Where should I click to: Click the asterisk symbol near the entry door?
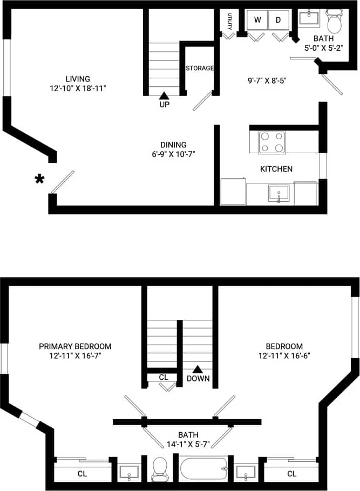point(39,179)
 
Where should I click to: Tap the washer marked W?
point(257,20)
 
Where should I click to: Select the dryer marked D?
point(279,20)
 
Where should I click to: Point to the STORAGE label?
point(200,68)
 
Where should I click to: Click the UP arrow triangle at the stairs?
point(164,96)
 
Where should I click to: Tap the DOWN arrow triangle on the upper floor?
point(198,370)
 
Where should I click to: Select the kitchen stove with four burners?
point(273,142)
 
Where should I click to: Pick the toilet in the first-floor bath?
point(335,22)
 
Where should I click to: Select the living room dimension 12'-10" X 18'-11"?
point(75,88)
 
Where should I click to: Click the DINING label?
point(173,145)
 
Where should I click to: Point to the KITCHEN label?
point(276,169)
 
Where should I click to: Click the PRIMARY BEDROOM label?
point(75,346)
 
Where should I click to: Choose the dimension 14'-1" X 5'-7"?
point(188,445)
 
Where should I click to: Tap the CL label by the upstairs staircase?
point(164,377)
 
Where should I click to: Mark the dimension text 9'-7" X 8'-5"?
point(267,81)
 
